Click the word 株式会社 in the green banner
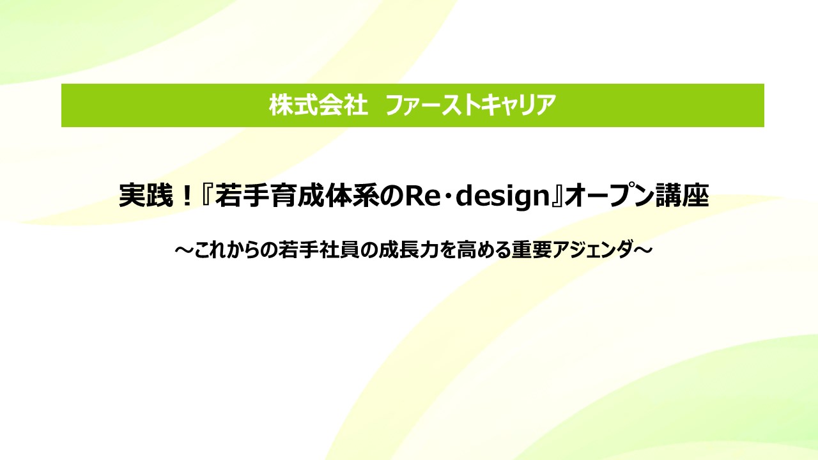point(318,105)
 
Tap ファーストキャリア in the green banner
point(470,105)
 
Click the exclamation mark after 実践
point(187,196)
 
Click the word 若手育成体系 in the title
point(297,195)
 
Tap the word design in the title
point(503,197)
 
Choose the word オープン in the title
point(608,195)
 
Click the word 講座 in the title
point(682,195)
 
